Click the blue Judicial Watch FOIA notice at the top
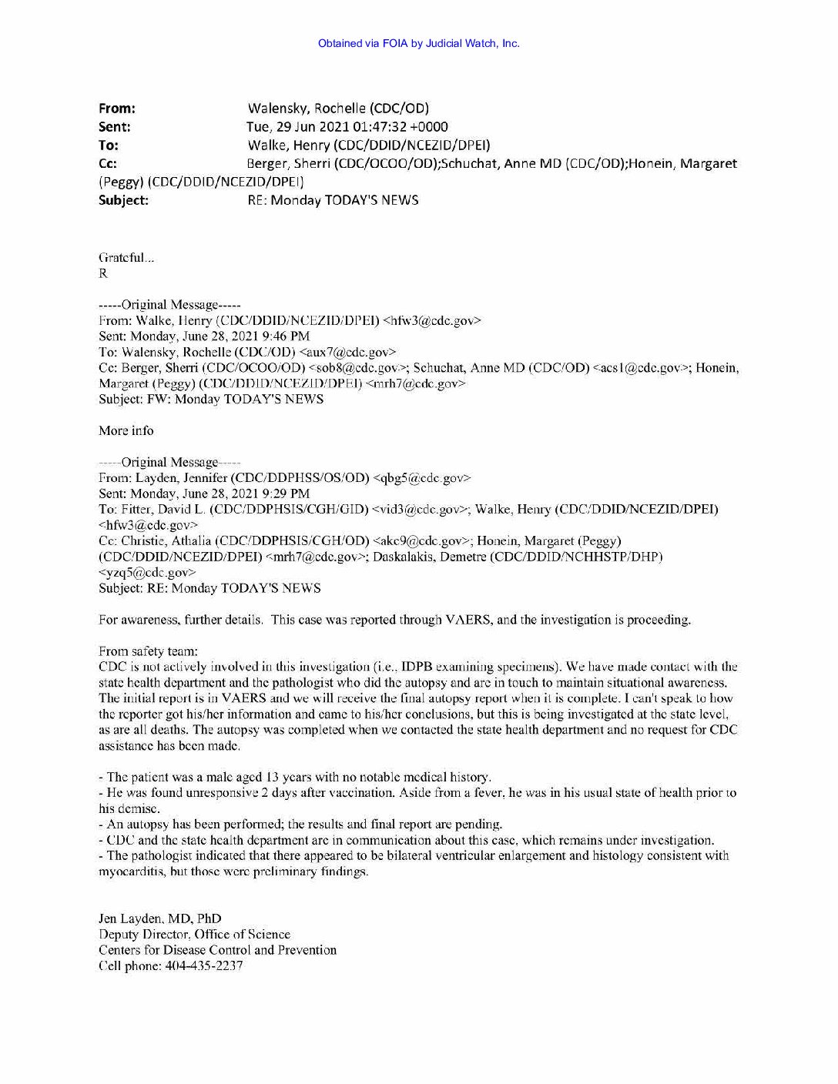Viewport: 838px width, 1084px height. coord(418,43)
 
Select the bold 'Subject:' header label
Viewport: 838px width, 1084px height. coord(123,200)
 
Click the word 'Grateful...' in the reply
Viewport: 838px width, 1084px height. coord(126,258)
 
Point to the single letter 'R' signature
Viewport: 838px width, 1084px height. coord(103,273)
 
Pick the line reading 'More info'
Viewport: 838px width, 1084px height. coord(126,430)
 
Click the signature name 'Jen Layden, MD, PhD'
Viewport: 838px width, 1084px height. coord(160,918)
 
